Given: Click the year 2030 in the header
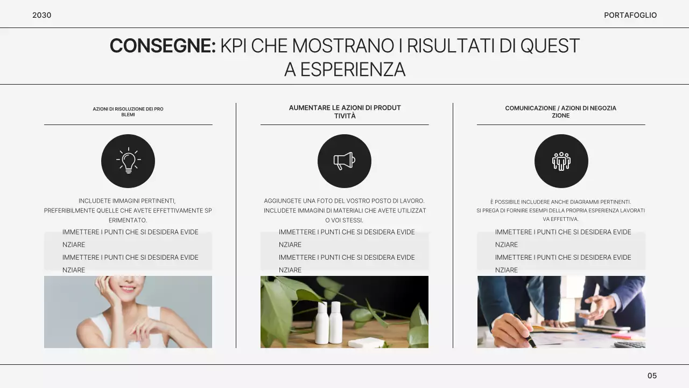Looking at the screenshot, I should (41, 15).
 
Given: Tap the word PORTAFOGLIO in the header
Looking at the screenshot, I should (630, 15).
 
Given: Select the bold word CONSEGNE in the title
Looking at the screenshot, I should (162, 46).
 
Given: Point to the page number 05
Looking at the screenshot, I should (652, 376).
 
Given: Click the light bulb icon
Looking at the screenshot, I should (128, 161).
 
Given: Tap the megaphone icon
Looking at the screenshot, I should (344, 161).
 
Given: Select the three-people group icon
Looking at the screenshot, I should (561, 161).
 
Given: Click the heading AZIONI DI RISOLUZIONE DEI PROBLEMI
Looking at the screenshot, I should (128, 112).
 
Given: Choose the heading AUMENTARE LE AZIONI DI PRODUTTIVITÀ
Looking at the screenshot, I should (344, 112).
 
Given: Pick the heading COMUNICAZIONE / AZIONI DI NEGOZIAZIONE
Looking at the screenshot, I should (561, 112).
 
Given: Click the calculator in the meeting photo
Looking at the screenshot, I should (630, 344).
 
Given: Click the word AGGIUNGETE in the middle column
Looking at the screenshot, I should (281, 201).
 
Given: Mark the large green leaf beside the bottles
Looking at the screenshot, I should (277, 313).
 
